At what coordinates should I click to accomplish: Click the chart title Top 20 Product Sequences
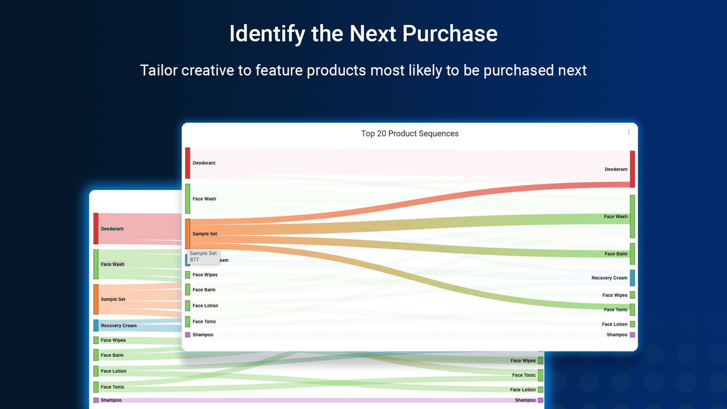coord(410,134)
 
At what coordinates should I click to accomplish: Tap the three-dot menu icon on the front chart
coord(629,132)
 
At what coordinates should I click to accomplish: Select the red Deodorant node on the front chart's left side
coord(187,163)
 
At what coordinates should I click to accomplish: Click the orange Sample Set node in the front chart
coord(187,233)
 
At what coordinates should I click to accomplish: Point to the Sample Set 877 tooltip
coord(203,256)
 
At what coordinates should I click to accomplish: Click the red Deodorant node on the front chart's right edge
coord(632,169)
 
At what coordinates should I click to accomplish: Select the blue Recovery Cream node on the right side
coord(632,278)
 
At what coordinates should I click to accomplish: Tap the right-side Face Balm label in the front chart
coord(616,254)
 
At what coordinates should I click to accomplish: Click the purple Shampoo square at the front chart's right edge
coord(632,335)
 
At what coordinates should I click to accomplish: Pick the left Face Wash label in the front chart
coord(204,199)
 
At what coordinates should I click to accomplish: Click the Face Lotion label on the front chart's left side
coord(205,306)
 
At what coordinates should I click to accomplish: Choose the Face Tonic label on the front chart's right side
coord(616,310)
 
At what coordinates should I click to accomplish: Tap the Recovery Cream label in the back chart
coord(119,325)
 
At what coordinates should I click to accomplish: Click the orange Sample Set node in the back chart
coord(96,299)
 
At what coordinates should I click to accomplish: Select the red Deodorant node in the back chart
coord(96,228)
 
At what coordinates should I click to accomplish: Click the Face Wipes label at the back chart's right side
coord(523,361)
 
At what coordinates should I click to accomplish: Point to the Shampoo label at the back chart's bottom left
coord(111,400)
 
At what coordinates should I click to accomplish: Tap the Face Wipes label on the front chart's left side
coord(205,275)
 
